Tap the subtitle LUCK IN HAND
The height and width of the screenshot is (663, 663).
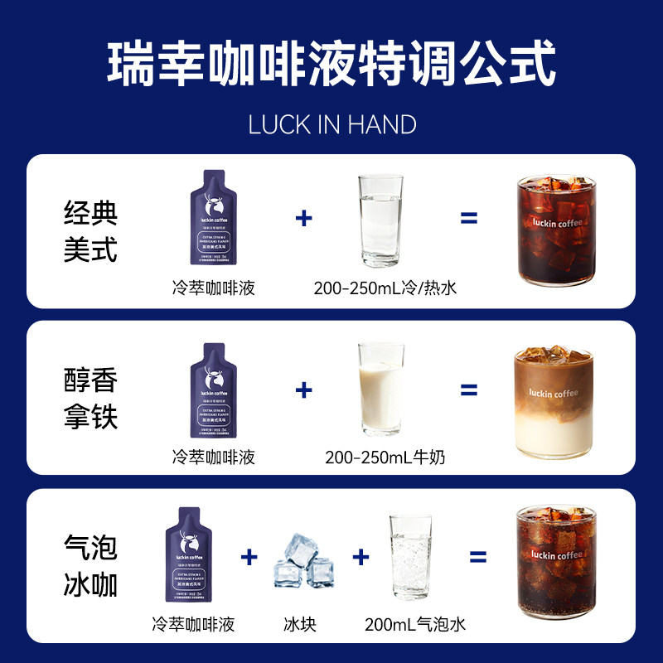331,124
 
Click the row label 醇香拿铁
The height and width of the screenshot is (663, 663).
90,397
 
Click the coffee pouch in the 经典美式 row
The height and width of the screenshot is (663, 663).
213,224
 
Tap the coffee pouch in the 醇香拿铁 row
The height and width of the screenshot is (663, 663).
213,390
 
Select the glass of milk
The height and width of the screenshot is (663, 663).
380,390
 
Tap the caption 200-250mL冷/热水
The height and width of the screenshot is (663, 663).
385,288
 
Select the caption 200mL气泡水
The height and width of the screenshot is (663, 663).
415,624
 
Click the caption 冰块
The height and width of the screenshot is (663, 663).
299,624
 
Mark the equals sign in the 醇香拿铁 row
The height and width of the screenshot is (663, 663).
469,390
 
